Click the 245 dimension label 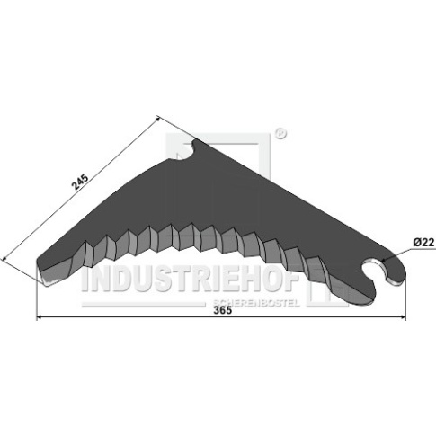point(80,182)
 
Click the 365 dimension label point(223,310)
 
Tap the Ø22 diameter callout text point(423,243)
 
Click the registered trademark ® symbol point(280,134)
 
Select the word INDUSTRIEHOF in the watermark point(191,280)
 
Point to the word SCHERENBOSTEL point(256,303)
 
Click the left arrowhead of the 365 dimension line point(40,316)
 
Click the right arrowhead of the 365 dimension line point(403,316)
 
